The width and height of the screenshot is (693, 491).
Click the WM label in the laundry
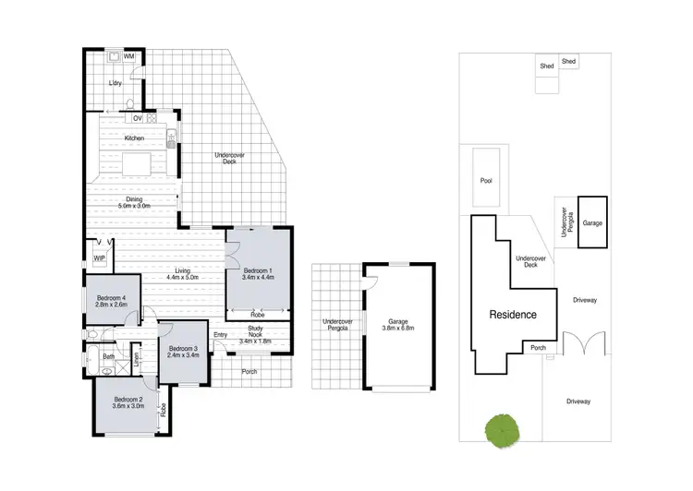[x=129, y=57]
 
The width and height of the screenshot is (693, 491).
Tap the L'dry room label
[x=115, y=84]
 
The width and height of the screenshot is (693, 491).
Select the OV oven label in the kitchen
[x=137, y=118]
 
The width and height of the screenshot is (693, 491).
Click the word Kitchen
[x=136, y=138]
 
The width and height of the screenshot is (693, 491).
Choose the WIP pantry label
[x=100, y=258]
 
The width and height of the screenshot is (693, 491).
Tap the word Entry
[x=220, y=334]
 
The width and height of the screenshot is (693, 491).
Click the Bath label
[x=109, y=355]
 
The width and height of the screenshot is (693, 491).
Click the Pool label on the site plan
[x=486, y=180]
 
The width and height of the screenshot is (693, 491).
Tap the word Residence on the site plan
[x=513, y=315]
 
